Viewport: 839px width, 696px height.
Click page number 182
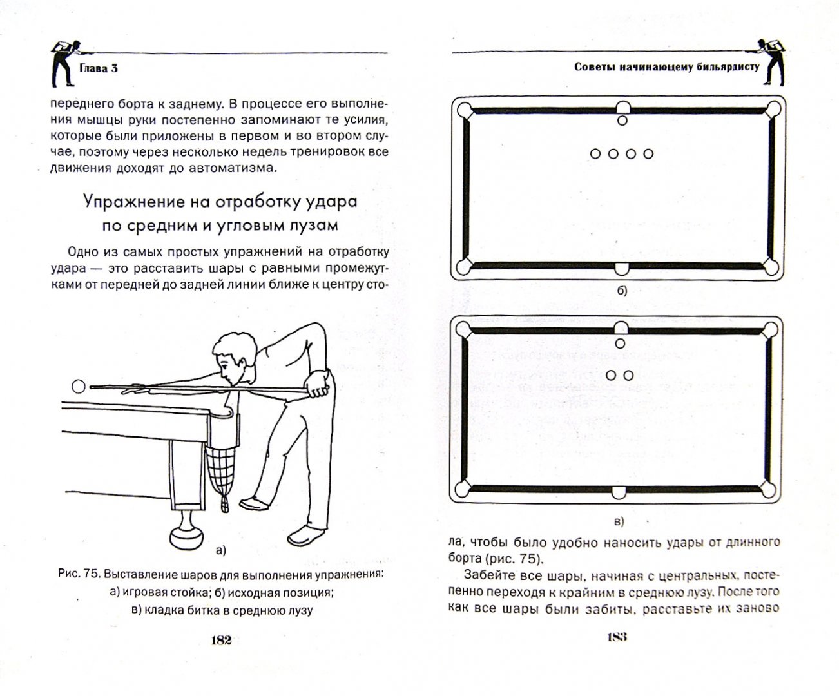pyautogui.click(x=221, y=640)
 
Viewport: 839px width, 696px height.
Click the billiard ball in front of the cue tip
pyautogui.click(x=78, y=387)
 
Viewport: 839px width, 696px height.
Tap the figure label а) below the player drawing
pyautogui.click(x=220, y=550)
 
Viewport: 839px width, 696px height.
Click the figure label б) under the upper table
pyautogui.click(x=621, y=291)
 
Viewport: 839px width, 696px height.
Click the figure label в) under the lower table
pyautogui.click(x=619, y=521)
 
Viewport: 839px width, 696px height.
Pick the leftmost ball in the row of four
pyautogui.click(x=595, y=153)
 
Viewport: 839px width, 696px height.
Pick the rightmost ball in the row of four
pyautogui.click(x=648, y=153)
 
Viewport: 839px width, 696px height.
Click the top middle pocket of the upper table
pyautogui.click(x=622, y=107)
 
